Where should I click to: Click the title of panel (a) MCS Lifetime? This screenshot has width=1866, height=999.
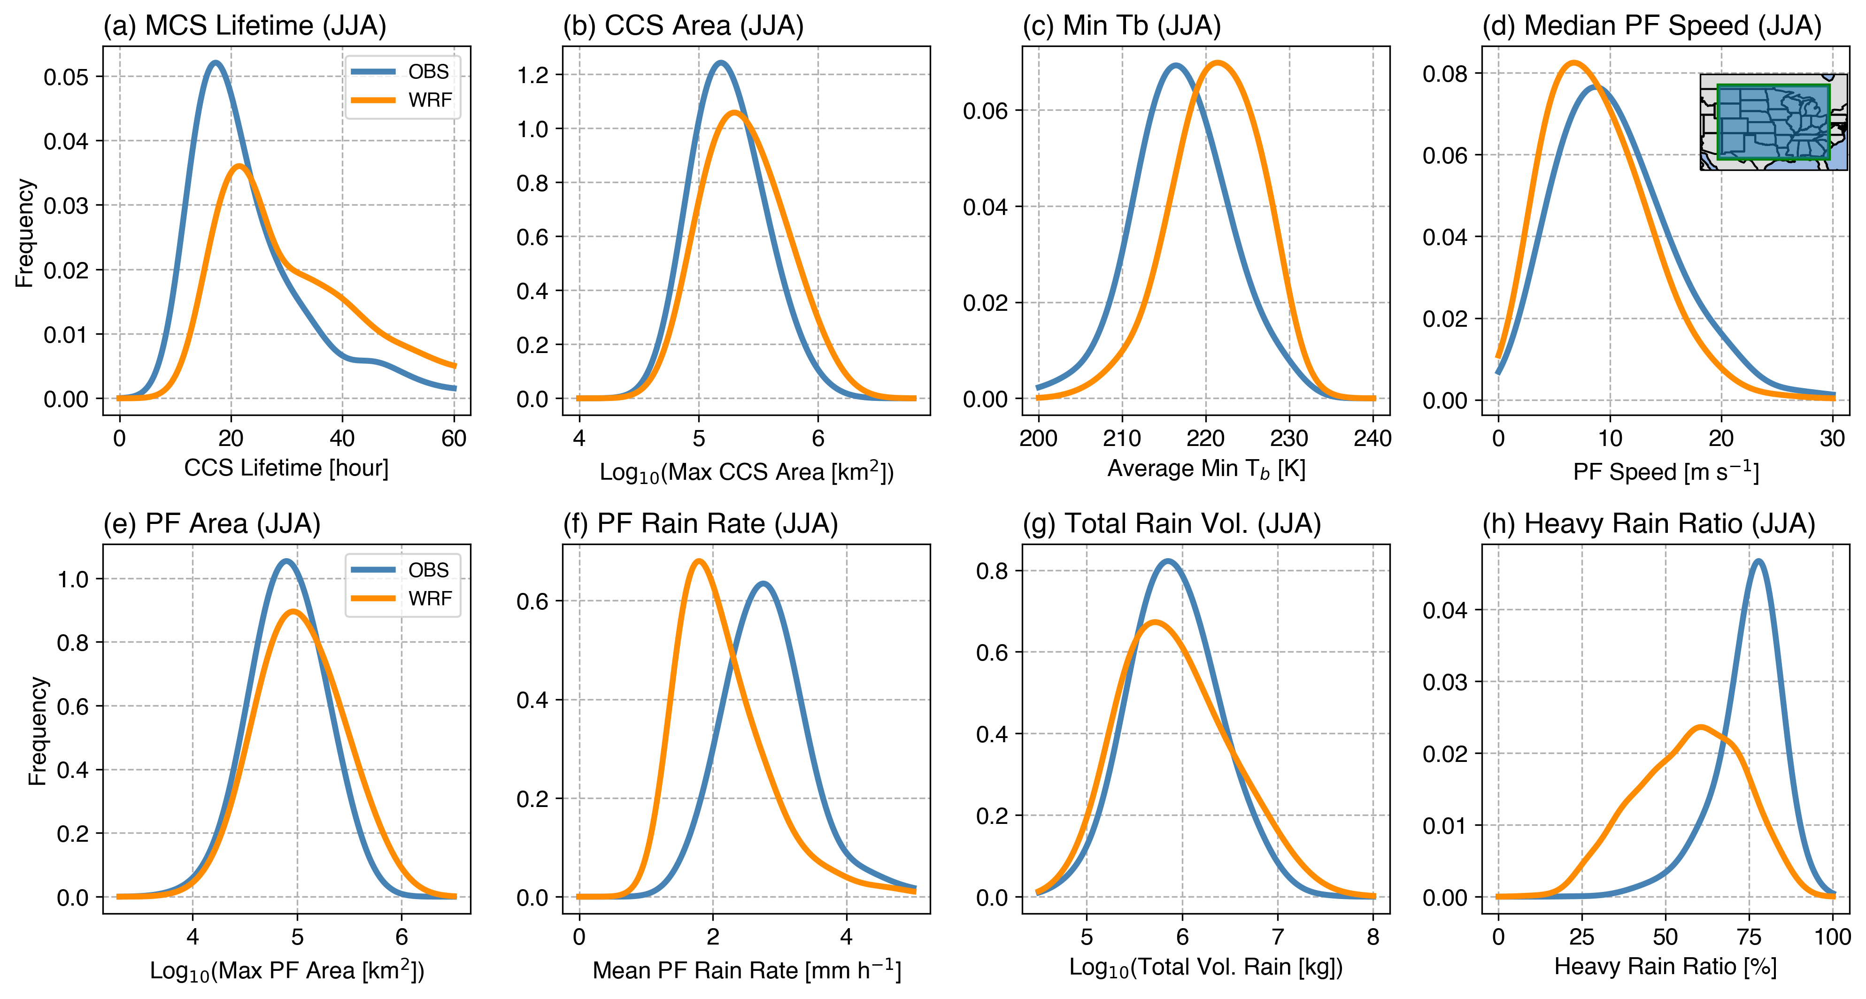(x=244, y=26)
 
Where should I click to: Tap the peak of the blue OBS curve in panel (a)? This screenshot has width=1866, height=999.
(x=215, y=63)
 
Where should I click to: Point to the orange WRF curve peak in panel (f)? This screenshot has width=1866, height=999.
(x=698, y=561)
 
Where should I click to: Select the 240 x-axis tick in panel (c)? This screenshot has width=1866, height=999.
(x=1373, y=438)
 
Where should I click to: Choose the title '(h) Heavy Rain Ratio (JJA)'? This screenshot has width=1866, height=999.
(x=1649, y=524)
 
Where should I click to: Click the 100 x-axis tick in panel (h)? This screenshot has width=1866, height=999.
(x=1833, y=937)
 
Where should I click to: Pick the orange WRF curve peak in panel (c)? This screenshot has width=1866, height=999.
(x=1218, y=63)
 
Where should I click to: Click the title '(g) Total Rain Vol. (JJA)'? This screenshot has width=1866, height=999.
(x=1172, y=524)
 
